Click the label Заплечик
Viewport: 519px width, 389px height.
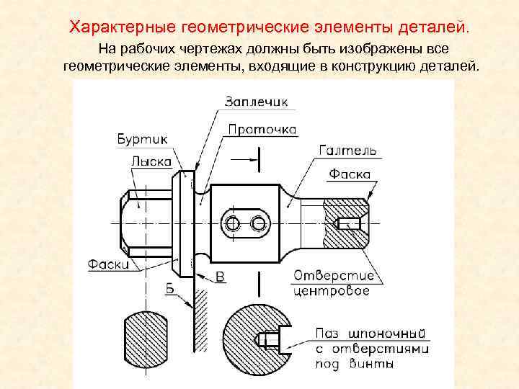(x=256, y=102)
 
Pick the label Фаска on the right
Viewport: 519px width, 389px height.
(x=350, y=174)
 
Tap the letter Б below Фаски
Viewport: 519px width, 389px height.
(x=170, y=289)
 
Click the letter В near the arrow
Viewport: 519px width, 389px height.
(x=221, y=276)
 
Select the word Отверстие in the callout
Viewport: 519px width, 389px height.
(x=334, y=276)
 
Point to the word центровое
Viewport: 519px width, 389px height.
(x=332, y=291)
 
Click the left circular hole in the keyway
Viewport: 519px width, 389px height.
(x=232, y=224)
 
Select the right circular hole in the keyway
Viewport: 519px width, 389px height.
(x=258, y=224)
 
